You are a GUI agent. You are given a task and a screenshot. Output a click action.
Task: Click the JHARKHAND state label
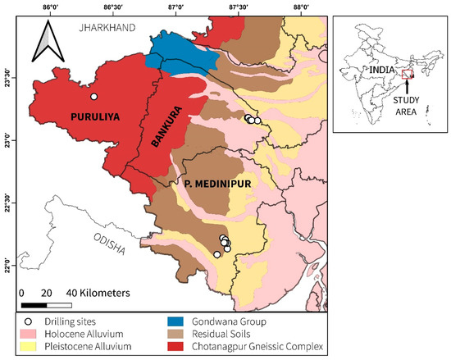[x=105, y=28]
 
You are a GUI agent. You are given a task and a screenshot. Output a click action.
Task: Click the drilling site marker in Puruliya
[x=94, y=97]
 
